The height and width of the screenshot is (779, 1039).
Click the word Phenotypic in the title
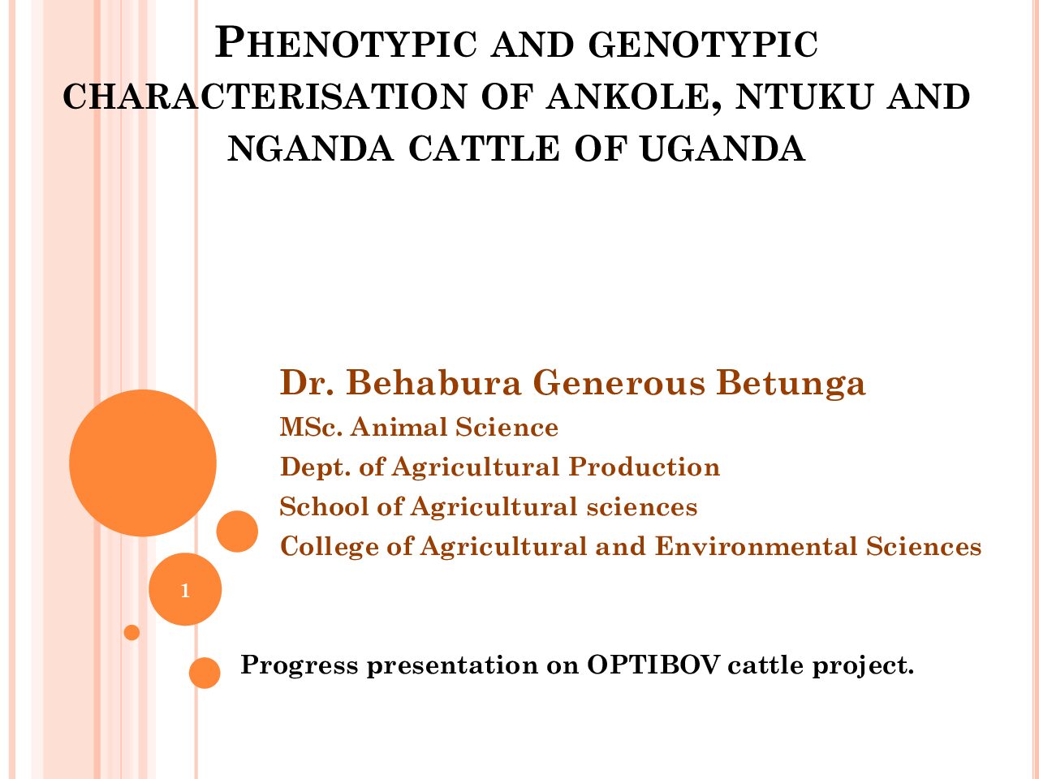(x=346, y=44)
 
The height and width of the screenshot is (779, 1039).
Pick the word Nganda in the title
(x=311, y=148)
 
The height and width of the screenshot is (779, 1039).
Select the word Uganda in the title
(x=722, y=148)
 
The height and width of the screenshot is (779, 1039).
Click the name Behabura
(x=433, y=382)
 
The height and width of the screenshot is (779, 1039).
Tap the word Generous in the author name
(x=619, y=382)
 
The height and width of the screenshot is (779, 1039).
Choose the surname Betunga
(x=791, y=383)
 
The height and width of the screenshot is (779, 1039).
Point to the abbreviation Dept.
(x=315, y=467)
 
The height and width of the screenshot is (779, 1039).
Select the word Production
(x=645, y=467)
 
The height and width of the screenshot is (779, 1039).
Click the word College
(x=330, y=547)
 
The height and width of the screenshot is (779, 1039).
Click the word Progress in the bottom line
(x=300, y=666)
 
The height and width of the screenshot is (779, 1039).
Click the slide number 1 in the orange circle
(x=185, y=591)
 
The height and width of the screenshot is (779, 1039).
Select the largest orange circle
(x=143, y=463)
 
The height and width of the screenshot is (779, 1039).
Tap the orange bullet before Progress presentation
(x=205, y=673)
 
